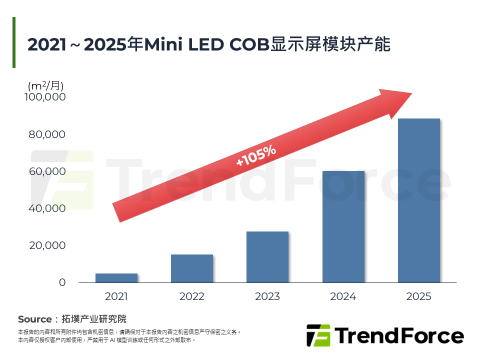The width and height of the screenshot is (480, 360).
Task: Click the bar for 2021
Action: tap(116, 278)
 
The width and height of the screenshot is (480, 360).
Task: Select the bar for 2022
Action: tap(192, 268)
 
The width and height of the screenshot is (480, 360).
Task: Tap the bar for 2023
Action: tap(267, 257)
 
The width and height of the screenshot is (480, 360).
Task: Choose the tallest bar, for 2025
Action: tap(419, 200)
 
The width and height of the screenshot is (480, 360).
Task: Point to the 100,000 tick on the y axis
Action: tap(45, 97)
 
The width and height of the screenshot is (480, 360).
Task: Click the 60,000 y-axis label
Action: tap(45, 171)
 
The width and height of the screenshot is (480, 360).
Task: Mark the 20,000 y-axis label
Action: tap(45, 245)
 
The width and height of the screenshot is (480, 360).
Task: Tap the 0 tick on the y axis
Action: tap(62, 282)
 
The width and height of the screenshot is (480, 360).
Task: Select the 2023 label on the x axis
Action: tap(267, 296)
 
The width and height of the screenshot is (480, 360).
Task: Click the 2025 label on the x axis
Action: tap(419, 296)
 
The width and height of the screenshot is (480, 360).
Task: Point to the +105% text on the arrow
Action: tap(256, 156)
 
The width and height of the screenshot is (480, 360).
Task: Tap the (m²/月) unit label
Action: tap(45, 84)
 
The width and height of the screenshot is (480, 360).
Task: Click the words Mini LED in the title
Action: tap(184, 44)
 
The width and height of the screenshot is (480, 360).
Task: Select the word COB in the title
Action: tap(248, 44)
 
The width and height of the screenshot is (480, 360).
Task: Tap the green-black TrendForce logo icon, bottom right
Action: tap(318, 335)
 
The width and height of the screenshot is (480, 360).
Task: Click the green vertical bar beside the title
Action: tap(14, 42)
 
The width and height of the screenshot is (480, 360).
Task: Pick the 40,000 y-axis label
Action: tap(45, 208)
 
